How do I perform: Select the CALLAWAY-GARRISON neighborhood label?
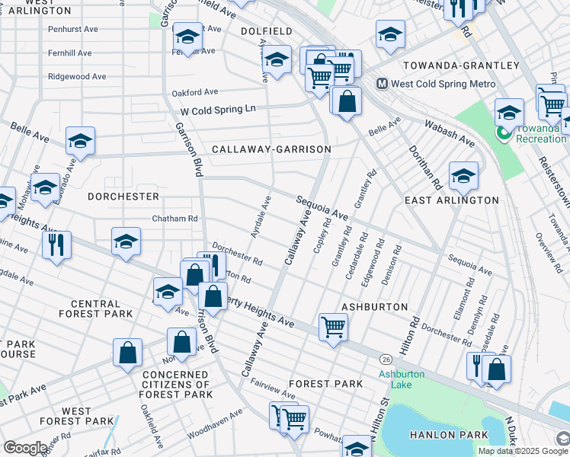[x=271, y=149]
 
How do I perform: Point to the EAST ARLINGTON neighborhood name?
[x=451, y=200]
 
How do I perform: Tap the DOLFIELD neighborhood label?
[x=266, y=31]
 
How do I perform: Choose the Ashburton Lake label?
[x=395, y=379]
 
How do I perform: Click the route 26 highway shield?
[x=386, y=358]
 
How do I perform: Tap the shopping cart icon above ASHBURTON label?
[x=333, y=328]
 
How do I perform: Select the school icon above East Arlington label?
[x=463, y=176]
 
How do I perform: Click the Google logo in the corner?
[x=24, y=448]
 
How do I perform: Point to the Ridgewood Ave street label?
[x=77, y=77]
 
